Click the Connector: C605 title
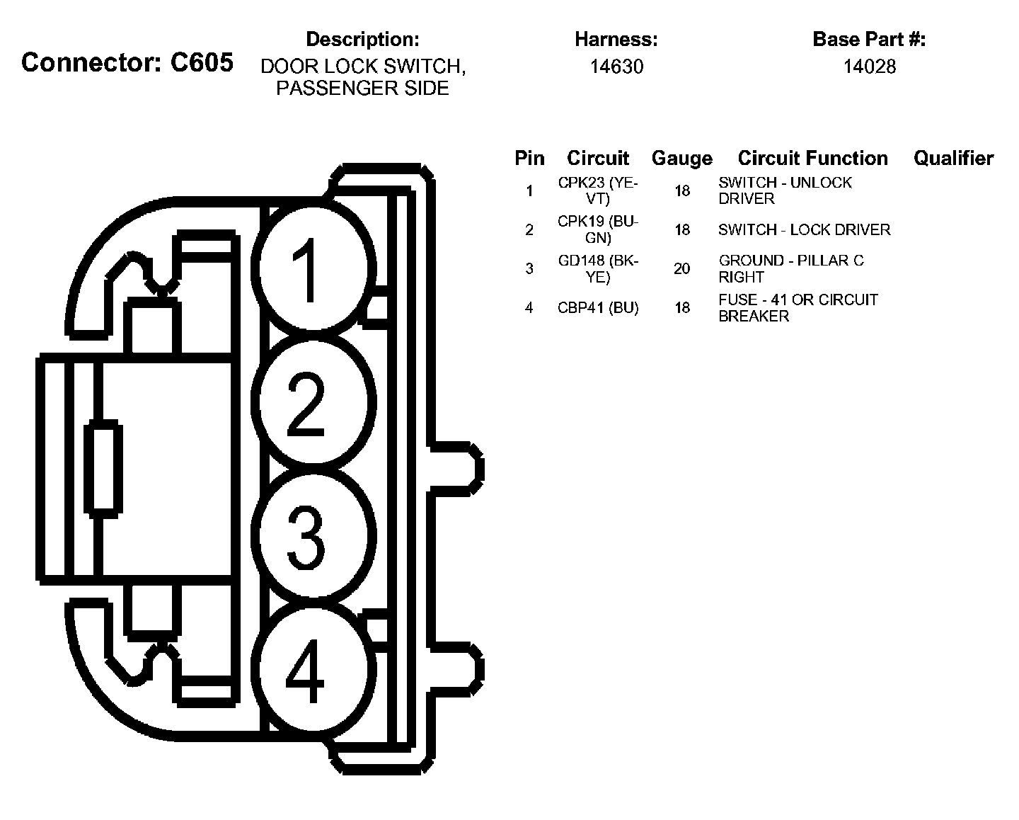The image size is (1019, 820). click(x=127, y=62)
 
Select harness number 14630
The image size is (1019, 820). click(x=616, y=67)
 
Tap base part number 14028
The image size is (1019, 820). click(x=869, y=67)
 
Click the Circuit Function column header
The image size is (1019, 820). click(x=812, y=158)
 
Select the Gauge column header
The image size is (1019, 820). click(x=681, y=158)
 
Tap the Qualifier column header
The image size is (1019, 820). click(x=953, y=158)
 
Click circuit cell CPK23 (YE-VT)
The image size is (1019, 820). click(x=598, y=190)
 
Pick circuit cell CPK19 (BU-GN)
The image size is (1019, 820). click(x=598, y=229)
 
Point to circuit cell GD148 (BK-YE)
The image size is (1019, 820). click(x=598, y=268)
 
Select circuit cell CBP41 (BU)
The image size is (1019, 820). click(x=598, y=307)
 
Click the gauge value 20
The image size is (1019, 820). click(x=681, y=268)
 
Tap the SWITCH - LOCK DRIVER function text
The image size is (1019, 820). click(x=804, y=229)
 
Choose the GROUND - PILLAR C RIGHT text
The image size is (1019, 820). click(x=790, y=268)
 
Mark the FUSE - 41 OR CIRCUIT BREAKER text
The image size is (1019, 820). click(x=798, y=307)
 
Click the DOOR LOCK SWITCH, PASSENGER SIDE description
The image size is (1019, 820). click(x=362, y=76)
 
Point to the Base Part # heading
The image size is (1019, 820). click(x=869, y=39)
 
